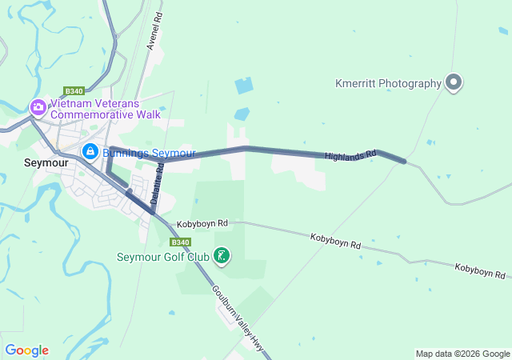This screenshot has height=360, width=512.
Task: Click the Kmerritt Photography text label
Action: (x=390, y=83)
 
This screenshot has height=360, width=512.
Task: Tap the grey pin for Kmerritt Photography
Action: (x=454, y=82)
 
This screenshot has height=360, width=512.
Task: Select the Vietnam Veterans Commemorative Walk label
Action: (x=106, y=109)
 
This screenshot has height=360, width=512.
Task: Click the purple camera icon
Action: (x=38, y=106)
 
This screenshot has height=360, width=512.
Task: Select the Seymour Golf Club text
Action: (x=163, y=257)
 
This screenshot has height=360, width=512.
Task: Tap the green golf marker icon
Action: (x=222, y=256)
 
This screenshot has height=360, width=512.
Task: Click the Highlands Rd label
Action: (x=350, y=154)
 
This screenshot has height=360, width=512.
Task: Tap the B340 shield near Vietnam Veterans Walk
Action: (x=74, y=91)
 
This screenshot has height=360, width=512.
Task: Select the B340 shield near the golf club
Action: (x=180, y=242)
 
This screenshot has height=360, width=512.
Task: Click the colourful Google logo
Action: (x=26, y=350)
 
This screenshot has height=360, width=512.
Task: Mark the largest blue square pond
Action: (x=243, y=86)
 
